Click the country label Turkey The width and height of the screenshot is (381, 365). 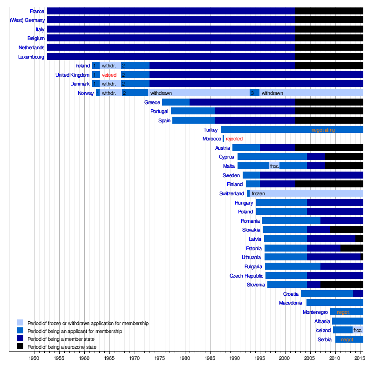pos(211,130)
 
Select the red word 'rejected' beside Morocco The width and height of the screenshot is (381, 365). pos(234,139)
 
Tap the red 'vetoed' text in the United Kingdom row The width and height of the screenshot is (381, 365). pos(109,75)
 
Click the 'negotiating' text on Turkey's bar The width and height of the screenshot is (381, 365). pos(323,130)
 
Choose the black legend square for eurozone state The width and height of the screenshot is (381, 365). pos(20,346)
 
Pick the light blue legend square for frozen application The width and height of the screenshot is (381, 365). pos(20,323)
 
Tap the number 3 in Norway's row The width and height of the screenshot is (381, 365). pos(252,93)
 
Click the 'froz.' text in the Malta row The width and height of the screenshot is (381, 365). pos(274,166)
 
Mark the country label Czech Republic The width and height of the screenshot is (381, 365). pos(246,276)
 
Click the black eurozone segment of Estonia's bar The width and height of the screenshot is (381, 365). pos(352,248)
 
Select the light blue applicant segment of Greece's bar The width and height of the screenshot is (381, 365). pos(176,102)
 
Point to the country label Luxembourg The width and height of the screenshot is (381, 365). pos(32,57)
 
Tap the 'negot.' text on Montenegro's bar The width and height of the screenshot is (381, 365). pos(343,312)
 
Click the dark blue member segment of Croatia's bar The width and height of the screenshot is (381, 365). pos(358,294)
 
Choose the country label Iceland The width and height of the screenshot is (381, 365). pos(323,330)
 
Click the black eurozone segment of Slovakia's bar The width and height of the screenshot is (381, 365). pos(347,230)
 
